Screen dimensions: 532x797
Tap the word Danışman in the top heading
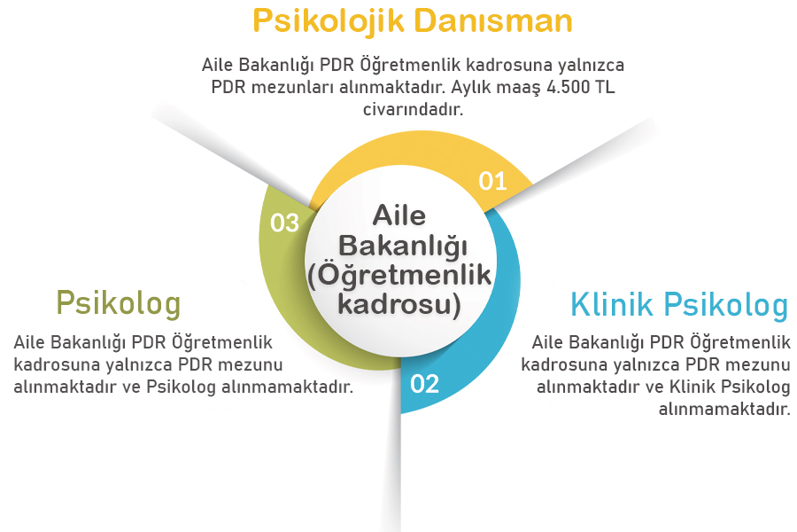click(497, 20)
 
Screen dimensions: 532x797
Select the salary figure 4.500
click(567, 88)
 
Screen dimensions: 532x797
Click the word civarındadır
click(413, 109)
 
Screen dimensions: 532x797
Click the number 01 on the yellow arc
click(492, 181)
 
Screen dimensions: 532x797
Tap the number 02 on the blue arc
click(424, 384)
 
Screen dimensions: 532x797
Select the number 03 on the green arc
click(284, 223)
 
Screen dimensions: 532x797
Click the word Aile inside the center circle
click(399, 215)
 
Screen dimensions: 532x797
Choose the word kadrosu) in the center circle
click(399, 304)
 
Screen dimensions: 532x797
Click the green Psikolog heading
click(118, 303)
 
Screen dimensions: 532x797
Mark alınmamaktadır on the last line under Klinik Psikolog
click(724, 409)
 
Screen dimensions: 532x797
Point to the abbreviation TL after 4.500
click(606, 88)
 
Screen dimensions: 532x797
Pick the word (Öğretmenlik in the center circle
click(399, 275)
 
